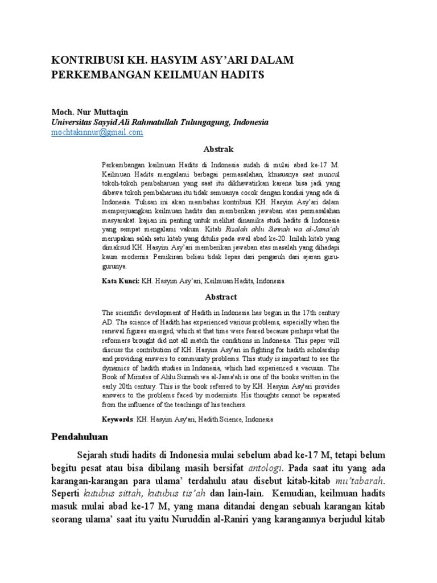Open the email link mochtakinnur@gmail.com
(97, 132)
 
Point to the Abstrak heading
(218, 149)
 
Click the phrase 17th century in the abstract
(321, 313)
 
